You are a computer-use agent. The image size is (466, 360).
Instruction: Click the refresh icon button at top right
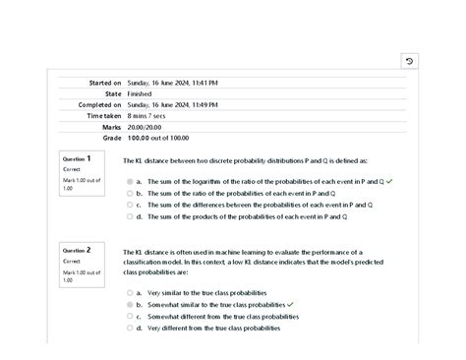click(410, 61)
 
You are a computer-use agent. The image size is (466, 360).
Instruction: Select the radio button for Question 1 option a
click(129, 182)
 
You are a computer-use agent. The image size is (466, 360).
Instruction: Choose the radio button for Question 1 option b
click(129, 194)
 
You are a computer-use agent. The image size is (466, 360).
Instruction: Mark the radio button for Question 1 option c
click(129, 206)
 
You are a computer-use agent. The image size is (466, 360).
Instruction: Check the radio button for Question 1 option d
click(129, 217)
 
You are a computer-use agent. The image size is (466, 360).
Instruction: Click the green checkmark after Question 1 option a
click(363, 182)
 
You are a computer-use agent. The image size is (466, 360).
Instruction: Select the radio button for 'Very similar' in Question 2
click(129, 293)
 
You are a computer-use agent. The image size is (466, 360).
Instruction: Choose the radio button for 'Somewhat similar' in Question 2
click(129, 305)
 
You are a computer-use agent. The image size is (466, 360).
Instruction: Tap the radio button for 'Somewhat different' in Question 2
click(129, 317)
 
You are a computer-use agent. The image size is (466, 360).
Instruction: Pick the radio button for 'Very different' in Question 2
click(129, 329)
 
